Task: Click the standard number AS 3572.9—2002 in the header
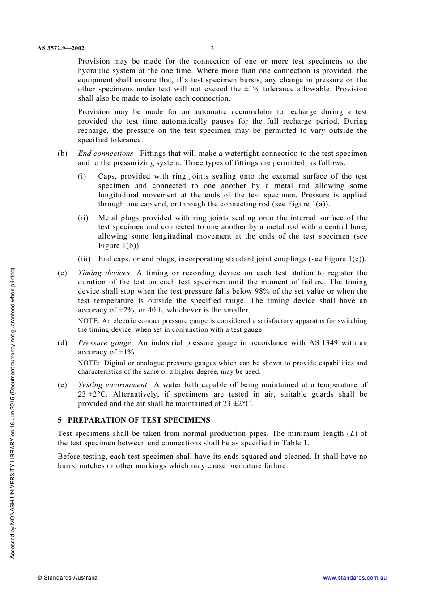[61, 48]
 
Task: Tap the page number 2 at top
[212, 48]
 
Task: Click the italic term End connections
[106, 154]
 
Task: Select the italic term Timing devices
[104, 273]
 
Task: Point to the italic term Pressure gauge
[104, 343]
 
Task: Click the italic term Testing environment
[112, 385]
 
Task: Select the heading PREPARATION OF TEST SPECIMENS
[139, 420]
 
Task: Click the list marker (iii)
[84, 259]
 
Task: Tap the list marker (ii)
[83, 218]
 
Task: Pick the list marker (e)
[63, 385]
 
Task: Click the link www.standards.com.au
[355, 578]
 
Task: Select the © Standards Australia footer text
[68, 578]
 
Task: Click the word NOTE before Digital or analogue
[88, 363]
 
